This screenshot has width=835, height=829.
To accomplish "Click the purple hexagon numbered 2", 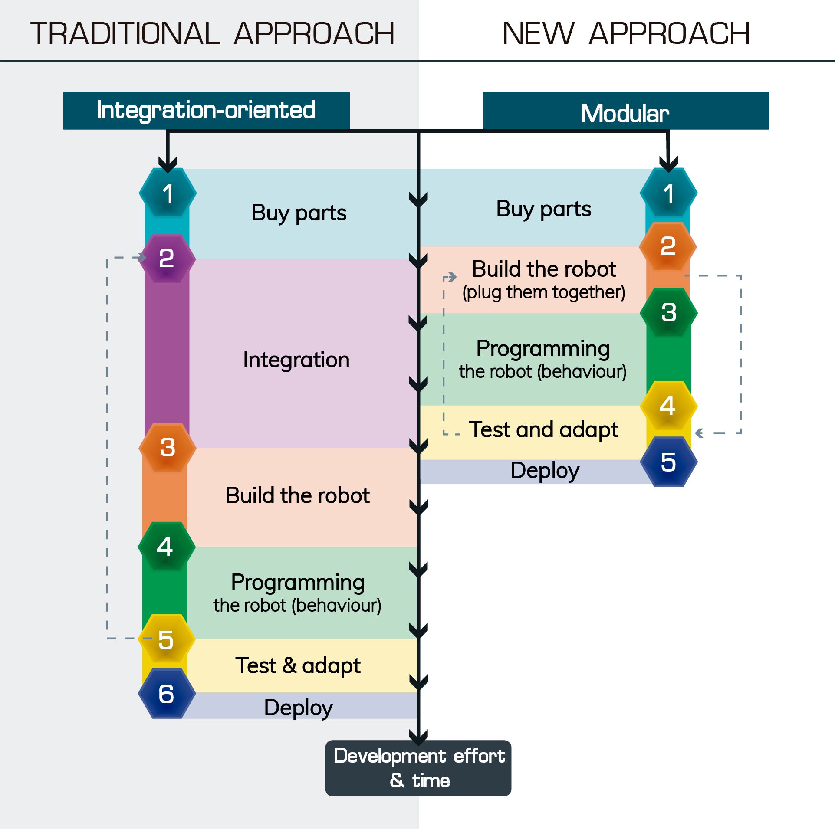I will (167, 259).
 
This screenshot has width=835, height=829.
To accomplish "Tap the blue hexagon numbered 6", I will (167, 694).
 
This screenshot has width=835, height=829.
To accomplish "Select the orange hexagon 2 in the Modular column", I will (668, 246).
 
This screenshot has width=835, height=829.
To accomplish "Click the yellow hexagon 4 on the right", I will (668, 406).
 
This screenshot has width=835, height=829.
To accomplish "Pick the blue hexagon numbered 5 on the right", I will (668, 462).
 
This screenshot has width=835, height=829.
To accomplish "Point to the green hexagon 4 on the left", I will (166, 546).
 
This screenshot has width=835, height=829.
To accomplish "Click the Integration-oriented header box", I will (206, 110).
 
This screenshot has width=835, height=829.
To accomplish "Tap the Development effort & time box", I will (418, 768).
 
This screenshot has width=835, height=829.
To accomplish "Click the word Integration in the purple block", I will (296, 360).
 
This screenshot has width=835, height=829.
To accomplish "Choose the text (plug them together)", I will (543, 292).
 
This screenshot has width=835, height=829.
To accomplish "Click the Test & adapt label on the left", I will (298, 665).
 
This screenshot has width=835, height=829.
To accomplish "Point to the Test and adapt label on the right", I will (543, 430).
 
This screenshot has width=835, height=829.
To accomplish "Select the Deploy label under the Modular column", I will (545, 471).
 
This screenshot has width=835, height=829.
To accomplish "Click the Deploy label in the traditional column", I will (298, 708).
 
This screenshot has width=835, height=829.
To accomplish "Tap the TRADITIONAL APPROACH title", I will (212, 33).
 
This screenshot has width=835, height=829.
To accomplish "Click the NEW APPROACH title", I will (626, 33).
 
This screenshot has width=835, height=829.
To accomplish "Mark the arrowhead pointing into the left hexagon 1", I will (168, 164).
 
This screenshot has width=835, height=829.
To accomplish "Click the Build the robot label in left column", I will (297, 495).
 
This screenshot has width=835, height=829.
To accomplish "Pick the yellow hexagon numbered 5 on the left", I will (166, 639).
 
